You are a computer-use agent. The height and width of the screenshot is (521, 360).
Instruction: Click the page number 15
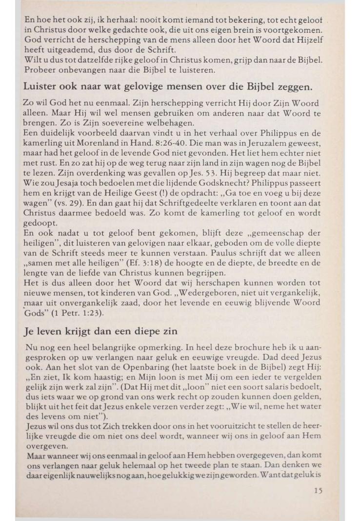(318, 491)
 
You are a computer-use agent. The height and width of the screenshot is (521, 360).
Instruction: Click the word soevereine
(109, 123)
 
